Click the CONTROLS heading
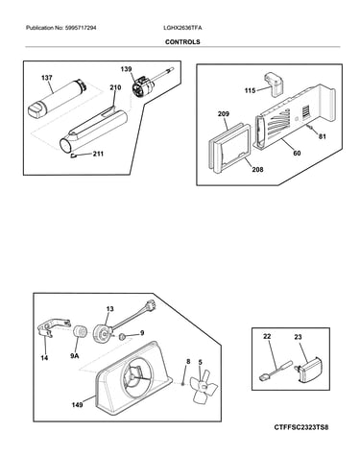click(182, 42)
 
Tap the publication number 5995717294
click(81, 28)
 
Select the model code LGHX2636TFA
click(182, 28)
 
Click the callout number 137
click(47, 78)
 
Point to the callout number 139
click(126, 69)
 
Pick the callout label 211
click(98, 154)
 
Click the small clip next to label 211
click(73, 156)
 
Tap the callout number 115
click(250, 91)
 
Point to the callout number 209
click(224, 113)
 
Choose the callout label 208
click(257, 169)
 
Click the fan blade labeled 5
click(204, 386)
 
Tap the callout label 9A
click(75, 355)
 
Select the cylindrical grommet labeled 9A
click(80, 331)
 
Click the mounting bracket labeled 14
click(54, 327)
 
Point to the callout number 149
click(77, 405)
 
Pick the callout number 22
click(267, 337)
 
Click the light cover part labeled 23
click(309, 370)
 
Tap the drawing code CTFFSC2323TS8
click(301, 427)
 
